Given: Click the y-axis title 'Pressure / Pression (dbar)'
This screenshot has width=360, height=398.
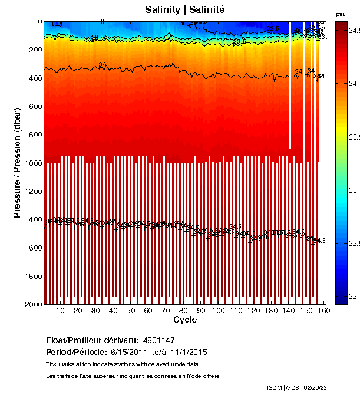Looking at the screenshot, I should point(18,163).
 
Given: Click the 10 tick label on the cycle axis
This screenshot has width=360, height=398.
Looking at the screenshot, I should point(60,311).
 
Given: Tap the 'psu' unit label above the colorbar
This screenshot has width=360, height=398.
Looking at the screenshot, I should point(340,14).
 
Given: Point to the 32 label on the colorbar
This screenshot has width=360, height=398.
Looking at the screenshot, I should point(351,296).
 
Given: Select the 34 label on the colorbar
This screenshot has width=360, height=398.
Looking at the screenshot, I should point(351,84).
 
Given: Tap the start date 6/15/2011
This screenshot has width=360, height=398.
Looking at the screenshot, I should point(128,352).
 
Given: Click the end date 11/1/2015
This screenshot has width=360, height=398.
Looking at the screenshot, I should point(187,352).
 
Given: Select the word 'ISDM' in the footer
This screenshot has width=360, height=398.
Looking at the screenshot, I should point(274,387).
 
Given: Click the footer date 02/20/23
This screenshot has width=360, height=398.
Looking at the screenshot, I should point(316,387).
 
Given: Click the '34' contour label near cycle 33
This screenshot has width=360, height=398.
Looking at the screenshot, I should point(103,64).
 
